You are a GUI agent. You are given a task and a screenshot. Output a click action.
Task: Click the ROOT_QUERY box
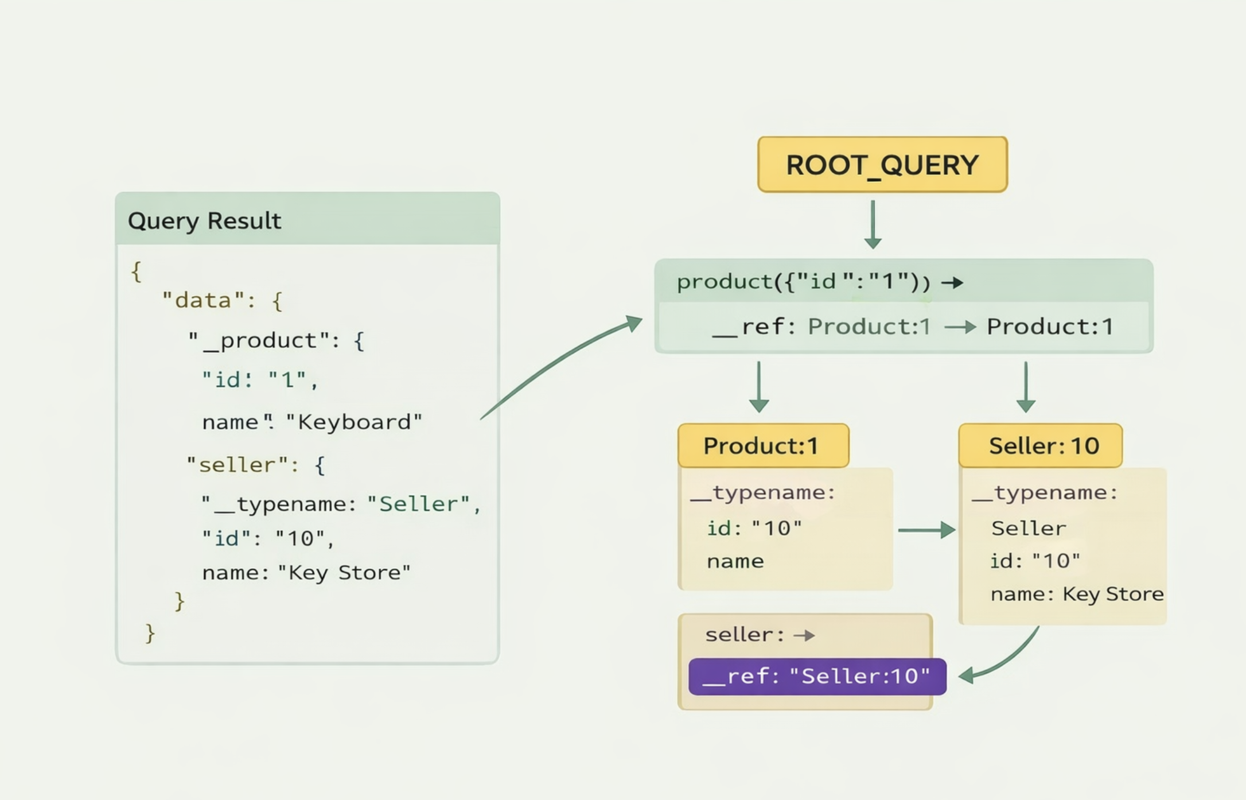pos(882,165)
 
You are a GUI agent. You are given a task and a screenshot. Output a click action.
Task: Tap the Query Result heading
pos(204,221)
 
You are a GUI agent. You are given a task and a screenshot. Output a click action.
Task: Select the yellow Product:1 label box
pos(764,446)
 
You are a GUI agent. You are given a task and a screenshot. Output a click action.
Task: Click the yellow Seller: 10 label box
pos(1041,446)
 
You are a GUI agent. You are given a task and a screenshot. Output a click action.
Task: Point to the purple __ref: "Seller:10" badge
pos(817,677)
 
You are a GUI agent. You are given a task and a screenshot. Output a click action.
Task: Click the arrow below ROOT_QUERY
pos(873,224)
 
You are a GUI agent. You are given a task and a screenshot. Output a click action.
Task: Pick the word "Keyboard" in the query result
pos(354,422)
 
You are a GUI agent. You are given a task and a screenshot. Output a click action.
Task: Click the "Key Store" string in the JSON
pos(344,573)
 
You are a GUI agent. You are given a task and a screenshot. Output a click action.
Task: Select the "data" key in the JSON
pos(204,300)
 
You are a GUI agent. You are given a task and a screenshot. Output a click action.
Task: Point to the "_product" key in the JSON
pos(259,341)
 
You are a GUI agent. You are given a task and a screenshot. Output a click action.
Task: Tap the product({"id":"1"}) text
pos(804,282)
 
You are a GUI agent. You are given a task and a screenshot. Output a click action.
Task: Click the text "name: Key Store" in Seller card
pos(1077,594)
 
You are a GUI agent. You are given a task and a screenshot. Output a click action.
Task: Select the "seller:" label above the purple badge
pos(745,635)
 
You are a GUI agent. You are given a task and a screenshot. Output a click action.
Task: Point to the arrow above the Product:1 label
pos(759,387)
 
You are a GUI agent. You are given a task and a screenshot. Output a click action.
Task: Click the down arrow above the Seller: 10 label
pos(1026,387)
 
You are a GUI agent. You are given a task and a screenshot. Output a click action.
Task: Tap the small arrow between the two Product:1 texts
pos(960,327)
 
